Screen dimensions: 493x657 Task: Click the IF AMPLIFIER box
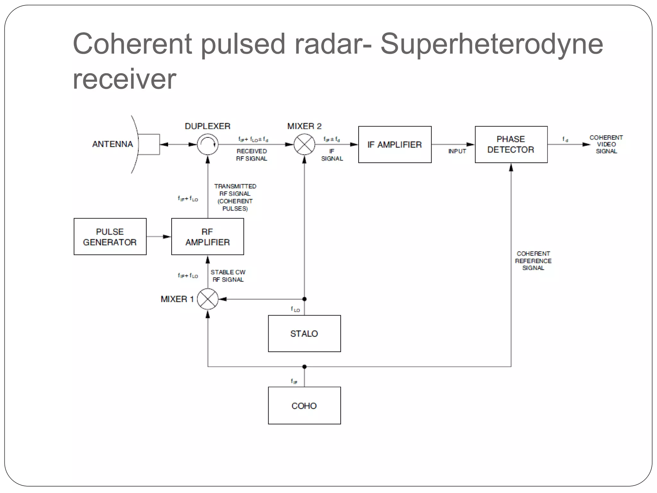[395, 144]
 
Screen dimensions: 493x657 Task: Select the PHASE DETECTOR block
[511, 144]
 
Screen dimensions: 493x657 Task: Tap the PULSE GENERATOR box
[110, 237]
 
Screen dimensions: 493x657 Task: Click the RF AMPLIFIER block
[208, 237]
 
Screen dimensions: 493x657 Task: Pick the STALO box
[304, 333]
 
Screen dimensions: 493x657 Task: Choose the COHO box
[304, 405]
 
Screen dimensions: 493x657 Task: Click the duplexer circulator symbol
[208, 144]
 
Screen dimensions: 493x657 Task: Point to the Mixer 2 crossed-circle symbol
[304, 144]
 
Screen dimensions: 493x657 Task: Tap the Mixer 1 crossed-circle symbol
[208, 299]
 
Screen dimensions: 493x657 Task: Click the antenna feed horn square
[149, 144]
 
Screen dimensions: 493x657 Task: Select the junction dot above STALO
[304, 299]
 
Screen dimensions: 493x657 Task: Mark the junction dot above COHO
[304, 367]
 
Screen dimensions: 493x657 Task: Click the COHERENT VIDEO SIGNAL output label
[606, 144]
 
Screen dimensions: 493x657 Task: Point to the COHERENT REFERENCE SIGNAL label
[533, 261]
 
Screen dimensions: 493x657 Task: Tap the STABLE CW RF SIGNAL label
[228, 276]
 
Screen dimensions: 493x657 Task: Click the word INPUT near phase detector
[457, 151]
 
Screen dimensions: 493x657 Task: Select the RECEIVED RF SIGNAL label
[252, 155]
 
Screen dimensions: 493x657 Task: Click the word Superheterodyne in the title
[491, 44]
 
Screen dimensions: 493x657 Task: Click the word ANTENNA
[113, 144]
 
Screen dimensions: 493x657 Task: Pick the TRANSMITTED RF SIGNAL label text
[235, 197]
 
